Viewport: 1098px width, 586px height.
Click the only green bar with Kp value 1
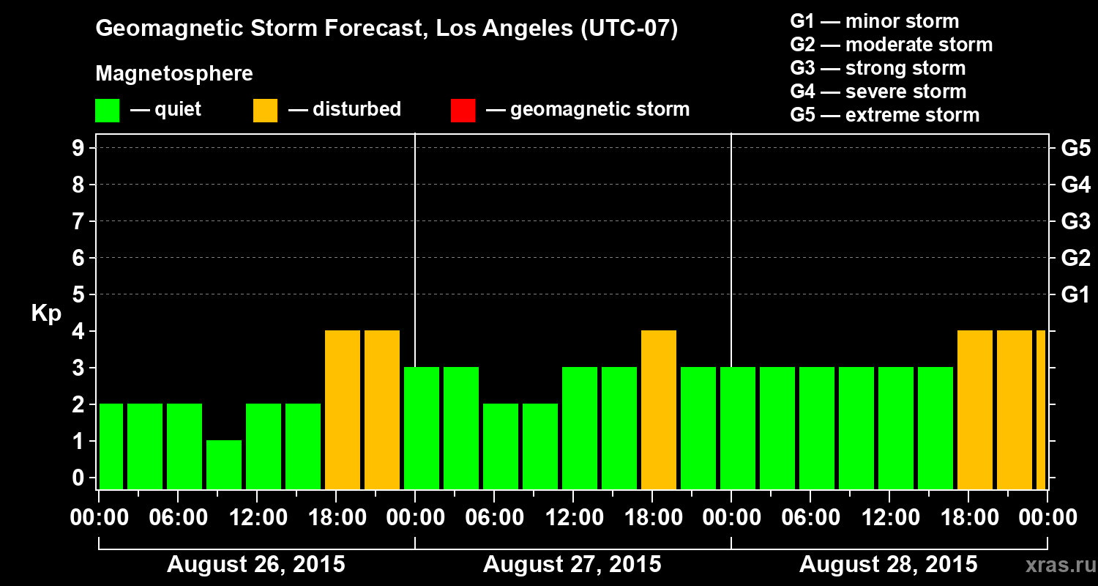coord(224,464)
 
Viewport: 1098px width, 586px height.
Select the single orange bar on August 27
coord(659,410)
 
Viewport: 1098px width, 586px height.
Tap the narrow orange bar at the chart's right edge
coord(1041,410)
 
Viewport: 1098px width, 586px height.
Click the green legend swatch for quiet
coord(108,111)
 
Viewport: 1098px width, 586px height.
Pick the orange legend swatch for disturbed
coord(265,111)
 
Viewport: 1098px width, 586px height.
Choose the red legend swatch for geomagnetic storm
coord(463,111)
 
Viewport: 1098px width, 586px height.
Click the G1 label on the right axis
coord(1075,295)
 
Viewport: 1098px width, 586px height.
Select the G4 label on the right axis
coord(1075,185)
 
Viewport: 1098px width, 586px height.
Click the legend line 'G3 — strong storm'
coord(878,68)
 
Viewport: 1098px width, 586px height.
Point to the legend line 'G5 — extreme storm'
coord(884,115)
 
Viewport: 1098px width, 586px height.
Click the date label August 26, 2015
coord(256,565)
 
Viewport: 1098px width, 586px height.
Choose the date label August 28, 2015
coord(888,565)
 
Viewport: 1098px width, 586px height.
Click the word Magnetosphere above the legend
coord(174,74)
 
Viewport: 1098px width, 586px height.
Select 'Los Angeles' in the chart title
coord(495,29)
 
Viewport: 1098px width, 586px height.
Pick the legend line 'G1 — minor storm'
coord(874,21)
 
